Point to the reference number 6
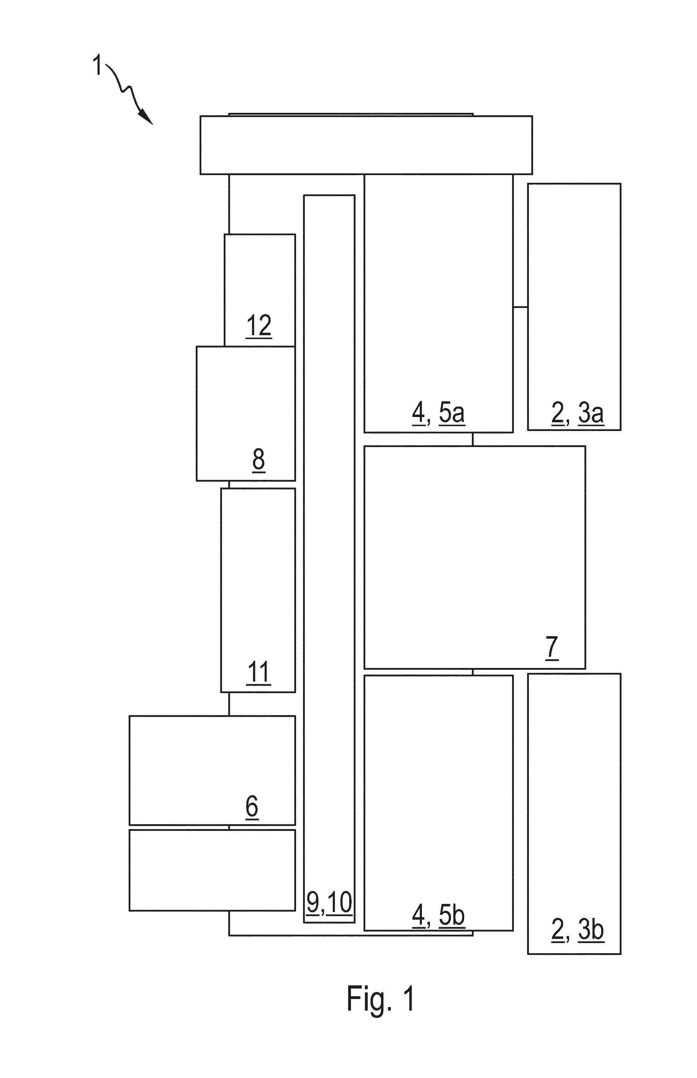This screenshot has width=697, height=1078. coord(252,806)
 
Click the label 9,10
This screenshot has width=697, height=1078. coord(329,903)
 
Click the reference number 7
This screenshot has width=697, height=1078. coord(552,647)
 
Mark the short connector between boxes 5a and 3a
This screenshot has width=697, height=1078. coord(520,307)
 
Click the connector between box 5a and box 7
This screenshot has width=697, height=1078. coord(473,439)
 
